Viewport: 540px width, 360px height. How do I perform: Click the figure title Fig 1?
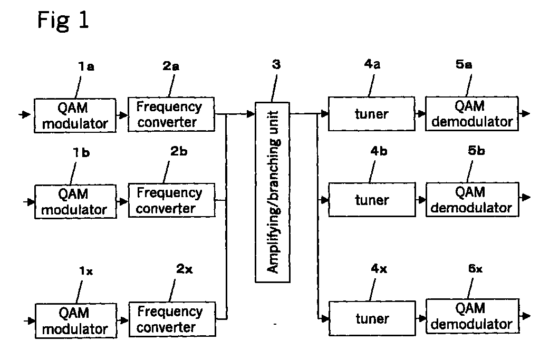[x=63, y=21]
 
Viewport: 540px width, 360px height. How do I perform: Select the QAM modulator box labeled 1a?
[x=75, y=115]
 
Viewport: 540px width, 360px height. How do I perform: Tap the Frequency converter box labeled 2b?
[x=171, y=200]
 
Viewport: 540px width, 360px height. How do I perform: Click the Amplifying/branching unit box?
[x=273, y=192]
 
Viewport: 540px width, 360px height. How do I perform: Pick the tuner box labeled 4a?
[x=371, y=114]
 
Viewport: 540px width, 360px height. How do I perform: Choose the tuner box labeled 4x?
[x=372, y=318]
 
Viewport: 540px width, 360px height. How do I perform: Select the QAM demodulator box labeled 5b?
[x=472, y=200]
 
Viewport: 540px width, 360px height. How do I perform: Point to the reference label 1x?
[x=86, y=271]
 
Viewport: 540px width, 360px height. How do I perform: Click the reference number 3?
[x=276, y=64]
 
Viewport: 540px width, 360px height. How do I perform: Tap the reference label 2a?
[x=171, y=66]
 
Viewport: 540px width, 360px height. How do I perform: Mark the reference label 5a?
[x=464, y=64]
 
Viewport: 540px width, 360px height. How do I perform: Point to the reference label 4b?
[x=379, y=151]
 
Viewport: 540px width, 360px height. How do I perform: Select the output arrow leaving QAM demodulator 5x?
[x=525, y=316]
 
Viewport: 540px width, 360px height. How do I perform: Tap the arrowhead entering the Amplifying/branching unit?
[x=252, y=113]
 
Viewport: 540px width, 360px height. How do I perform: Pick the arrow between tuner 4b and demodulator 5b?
[x=420, y=199]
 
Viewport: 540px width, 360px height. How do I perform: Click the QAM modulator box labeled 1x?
[x=76, y=321]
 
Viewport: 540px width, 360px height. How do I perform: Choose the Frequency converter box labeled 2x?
[x=172, y=319]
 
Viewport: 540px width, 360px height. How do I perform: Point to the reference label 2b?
[x=179, y=151]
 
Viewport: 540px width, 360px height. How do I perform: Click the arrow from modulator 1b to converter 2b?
[x=122, y=201]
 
